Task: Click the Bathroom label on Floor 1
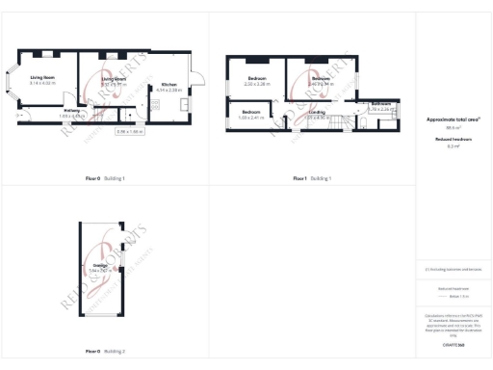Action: pos(381,105)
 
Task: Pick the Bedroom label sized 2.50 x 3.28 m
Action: pos(257,81)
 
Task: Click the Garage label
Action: pos(100,266)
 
